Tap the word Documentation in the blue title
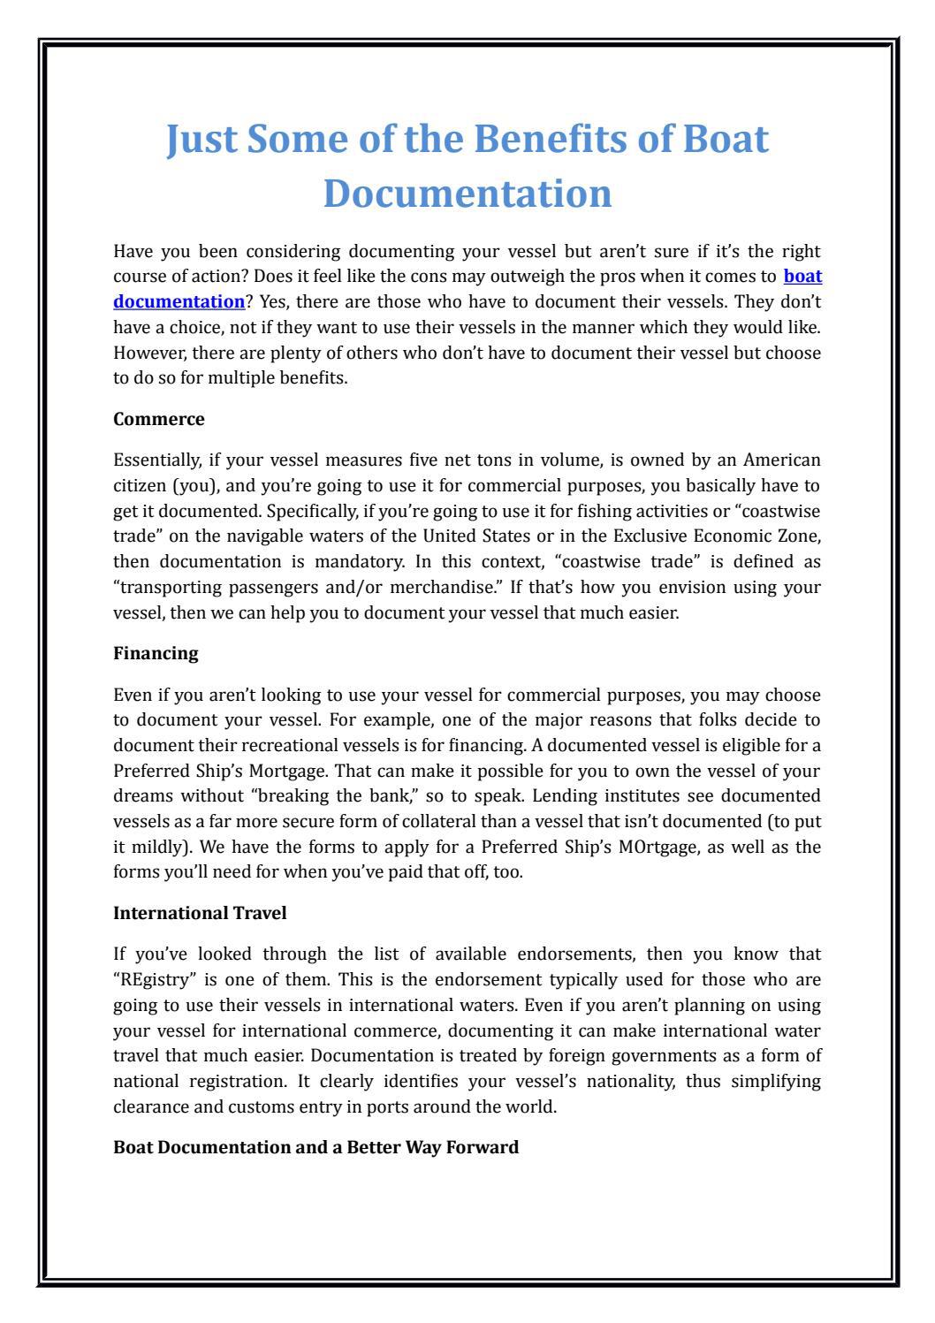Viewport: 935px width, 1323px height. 467,194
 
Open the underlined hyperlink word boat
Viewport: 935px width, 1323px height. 802,277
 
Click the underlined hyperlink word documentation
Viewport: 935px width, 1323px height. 179,301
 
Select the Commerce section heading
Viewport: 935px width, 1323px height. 159,420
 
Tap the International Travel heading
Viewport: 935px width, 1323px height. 200,913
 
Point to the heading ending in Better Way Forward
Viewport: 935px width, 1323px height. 315,1147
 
